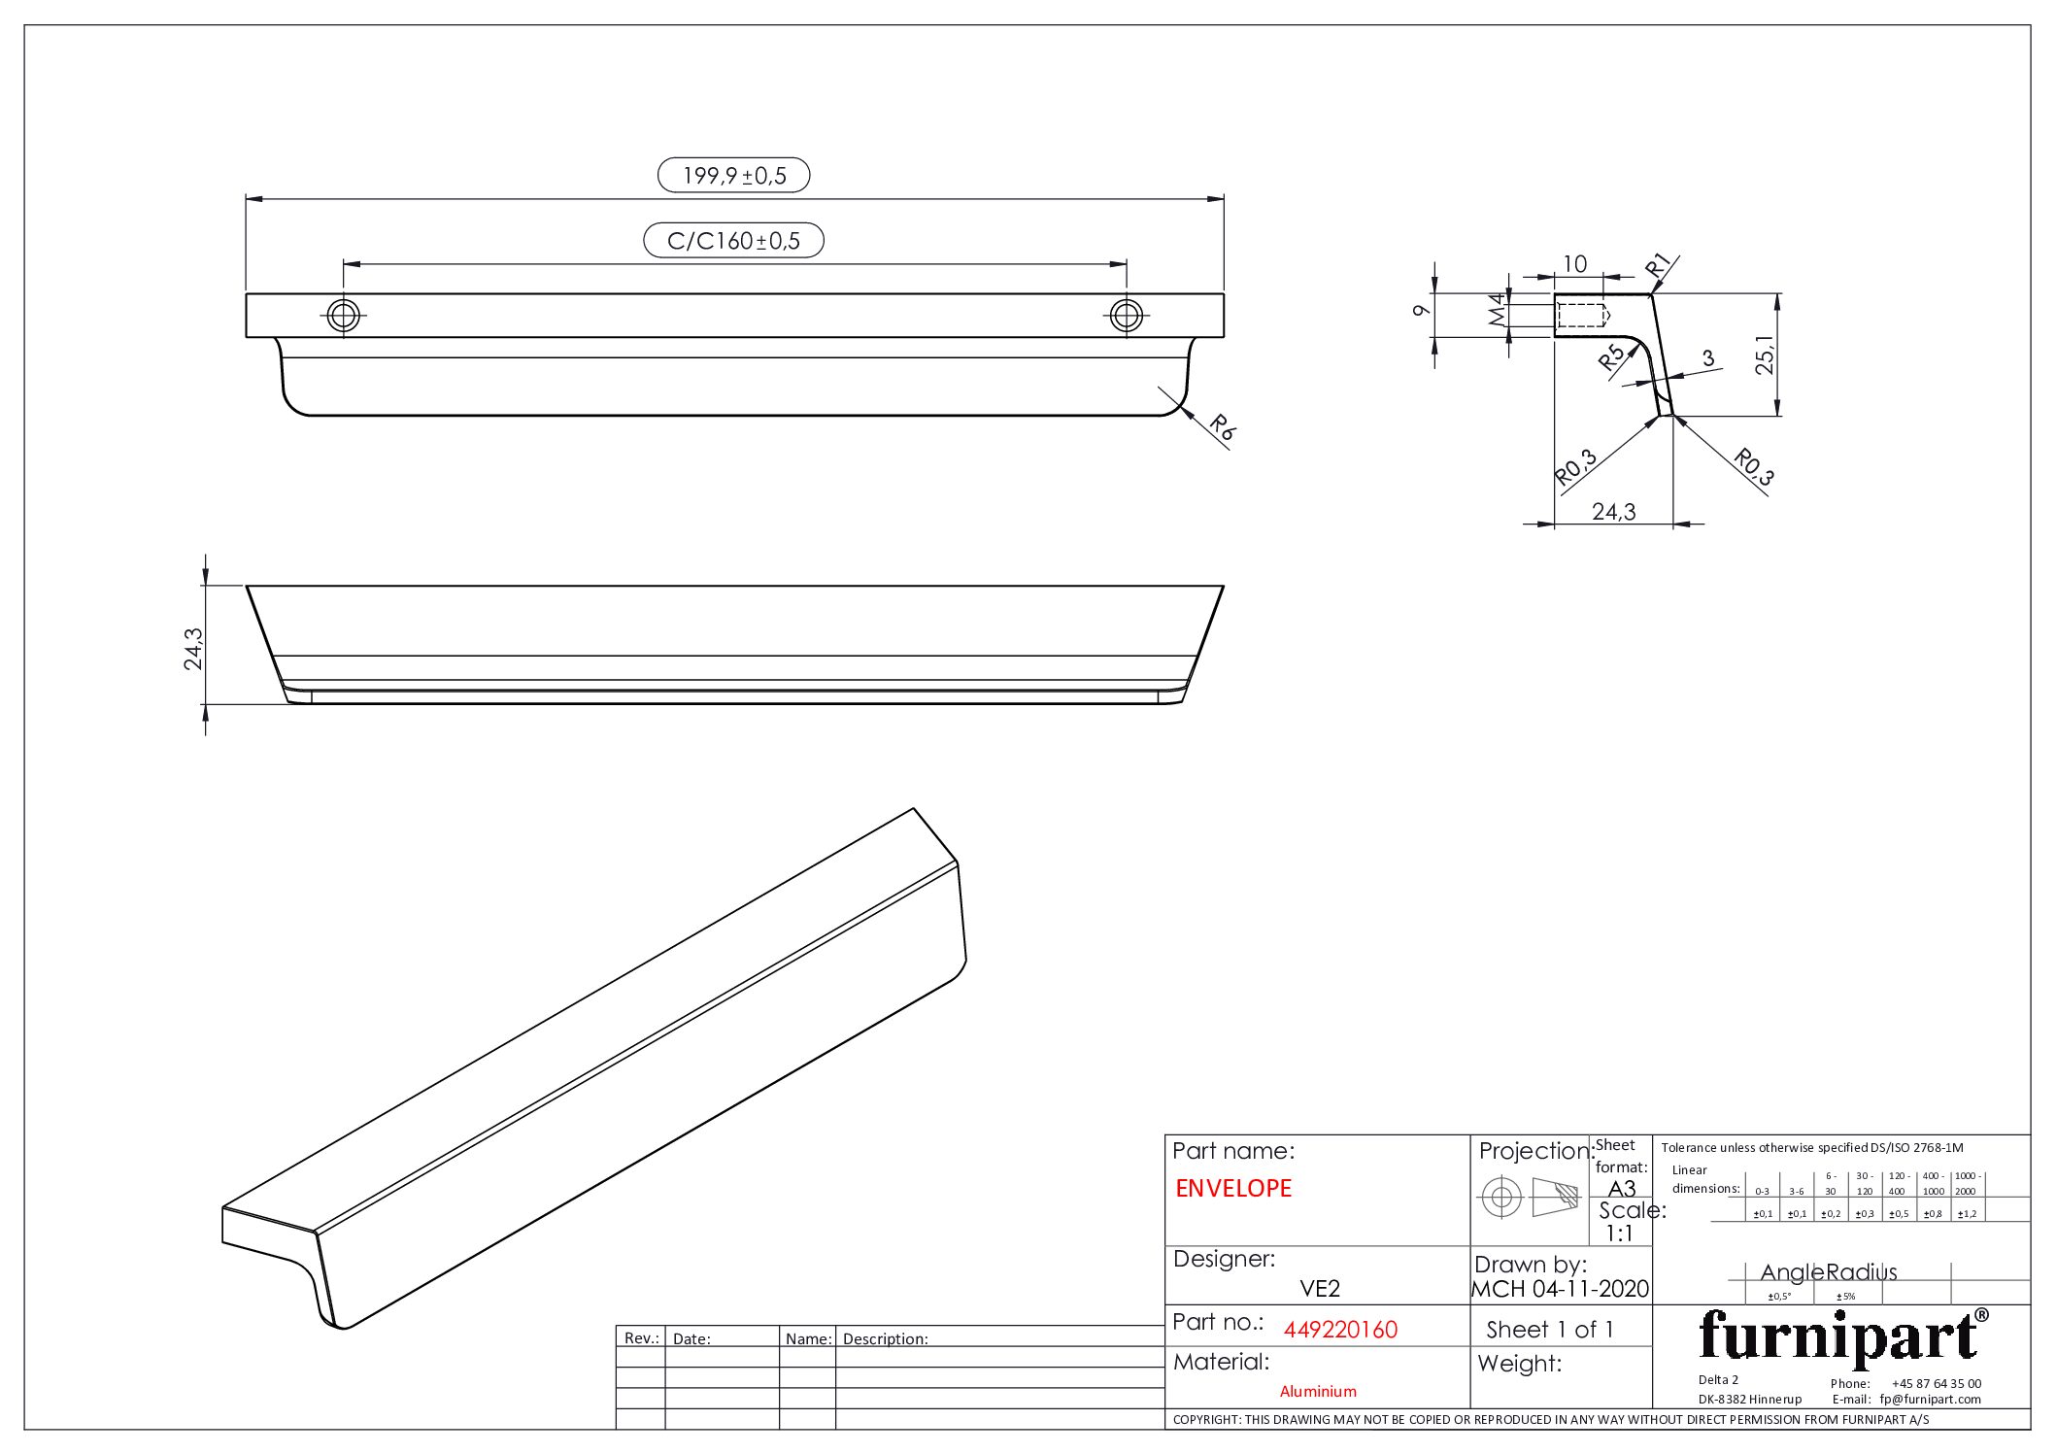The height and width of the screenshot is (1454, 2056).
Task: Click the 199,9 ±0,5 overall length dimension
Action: click(734, 176)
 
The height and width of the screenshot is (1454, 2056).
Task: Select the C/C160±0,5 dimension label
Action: click(733, 241)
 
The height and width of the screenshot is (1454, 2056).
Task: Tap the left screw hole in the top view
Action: click(344, 315)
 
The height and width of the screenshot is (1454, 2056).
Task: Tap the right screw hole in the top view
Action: click(1126, 315)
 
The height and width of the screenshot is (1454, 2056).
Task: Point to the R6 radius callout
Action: click(1222, 427)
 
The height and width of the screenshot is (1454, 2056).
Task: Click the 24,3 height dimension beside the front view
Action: click(193, 648)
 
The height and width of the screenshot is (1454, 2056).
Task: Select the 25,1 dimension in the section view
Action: click(1765, 355)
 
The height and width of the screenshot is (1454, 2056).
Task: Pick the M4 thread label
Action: click(1497, 311)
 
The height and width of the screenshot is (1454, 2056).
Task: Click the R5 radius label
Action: click(1612, 357)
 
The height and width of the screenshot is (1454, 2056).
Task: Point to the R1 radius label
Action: click(1658, 265)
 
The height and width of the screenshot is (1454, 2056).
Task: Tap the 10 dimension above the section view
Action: click(1574, 263)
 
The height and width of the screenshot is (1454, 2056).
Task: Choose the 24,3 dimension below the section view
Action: click(1613, 511)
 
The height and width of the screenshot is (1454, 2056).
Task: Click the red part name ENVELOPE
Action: click(1233, 1188)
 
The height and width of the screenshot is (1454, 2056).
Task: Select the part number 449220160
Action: click(1340, 1330)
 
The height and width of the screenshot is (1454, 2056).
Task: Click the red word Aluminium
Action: click(1318, 1391)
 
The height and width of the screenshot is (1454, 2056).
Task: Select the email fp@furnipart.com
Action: click(1930, 1399)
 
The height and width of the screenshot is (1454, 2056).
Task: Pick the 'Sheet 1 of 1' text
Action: click(1549, 1330)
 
